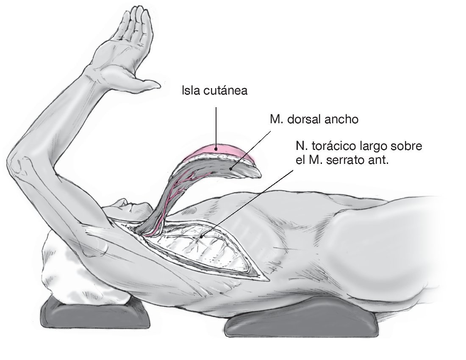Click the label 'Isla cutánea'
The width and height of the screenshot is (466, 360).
(214, 91)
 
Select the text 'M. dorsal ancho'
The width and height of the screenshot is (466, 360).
(314, 119)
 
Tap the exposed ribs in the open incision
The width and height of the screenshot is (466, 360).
(212, 250)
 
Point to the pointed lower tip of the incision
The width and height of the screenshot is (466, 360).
(267, 280)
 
